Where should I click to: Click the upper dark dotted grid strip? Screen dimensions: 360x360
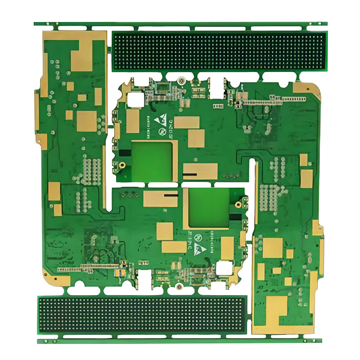point(218,51)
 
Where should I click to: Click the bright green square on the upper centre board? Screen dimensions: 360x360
point(151,161)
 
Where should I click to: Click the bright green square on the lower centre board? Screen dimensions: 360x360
point(208,207)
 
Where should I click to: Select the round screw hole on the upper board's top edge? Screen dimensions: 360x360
point(180,81)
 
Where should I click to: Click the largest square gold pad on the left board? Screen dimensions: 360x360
point(87,121)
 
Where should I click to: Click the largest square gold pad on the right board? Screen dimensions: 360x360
point(272,247)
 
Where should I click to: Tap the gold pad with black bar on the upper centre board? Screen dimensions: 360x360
point(200,171)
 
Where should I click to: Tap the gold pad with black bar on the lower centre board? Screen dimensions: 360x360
point(161,198)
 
